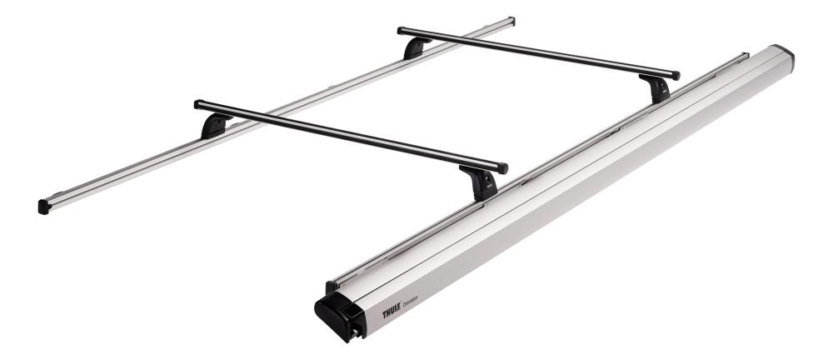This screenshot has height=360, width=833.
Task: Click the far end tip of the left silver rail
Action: pos(510,21)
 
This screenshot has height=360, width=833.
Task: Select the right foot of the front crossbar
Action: pos(482,182)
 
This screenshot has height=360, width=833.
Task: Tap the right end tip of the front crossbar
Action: pos(502,168)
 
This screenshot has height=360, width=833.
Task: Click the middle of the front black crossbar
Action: pos(350,136)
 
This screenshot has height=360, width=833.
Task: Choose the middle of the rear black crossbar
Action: pos(537,53)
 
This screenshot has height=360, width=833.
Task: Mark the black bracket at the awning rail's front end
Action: pos(330,287)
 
